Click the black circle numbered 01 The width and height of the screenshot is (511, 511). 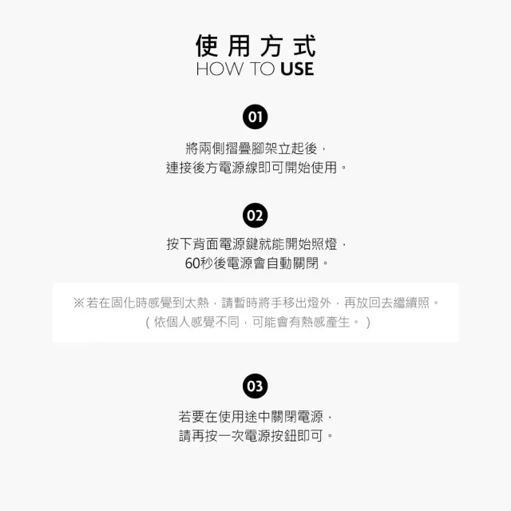[x=255, y=117]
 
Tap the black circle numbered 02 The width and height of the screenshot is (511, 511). [x=255, y=216]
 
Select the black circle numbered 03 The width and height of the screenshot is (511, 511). [x=255, y=386]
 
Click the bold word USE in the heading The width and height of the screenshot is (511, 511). [x=297, y=69]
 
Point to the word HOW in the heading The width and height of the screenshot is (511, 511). [x=220, y=69]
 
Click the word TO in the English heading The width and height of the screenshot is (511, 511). [x=263, y=69]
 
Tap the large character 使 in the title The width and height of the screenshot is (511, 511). [x=207, y=46]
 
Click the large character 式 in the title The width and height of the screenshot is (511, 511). [x=305, y=46]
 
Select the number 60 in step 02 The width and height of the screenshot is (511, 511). [x=192, y=263]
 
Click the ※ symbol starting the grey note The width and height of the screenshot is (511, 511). [x=79, y=303]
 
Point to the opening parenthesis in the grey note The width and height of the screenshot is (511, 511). [x=148, y=323]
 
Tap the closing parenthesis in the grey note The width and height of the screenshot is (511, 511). [x=368, y=323]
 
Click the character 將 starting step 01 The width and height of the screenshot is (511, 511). [x=192, y=149]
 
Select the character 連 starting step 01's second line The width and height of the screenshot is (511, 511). [x=172, y=168]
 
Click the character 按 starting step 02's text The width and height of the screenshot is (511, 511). [x=172, y=244]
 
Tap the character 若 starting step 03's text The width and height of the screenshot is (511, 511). [x=184, y=417]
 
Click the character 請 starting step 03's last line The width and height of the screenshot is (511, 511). [x=185, y=436]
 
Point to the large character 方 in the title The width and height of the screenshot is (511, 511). [x=271, y=46]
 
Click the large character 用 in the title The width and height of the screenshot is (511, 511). [x=239, y=46]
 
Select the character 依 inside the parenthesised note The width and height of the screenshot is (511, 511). [x=160, y=323]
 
